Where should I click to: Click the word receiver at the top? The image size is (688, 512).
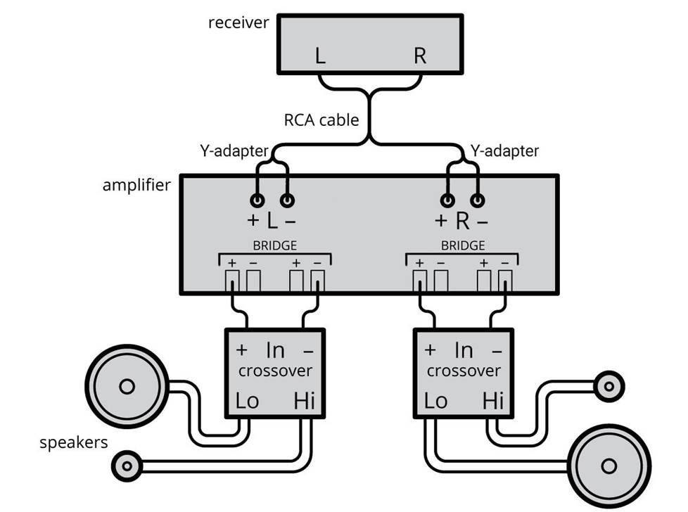click(x=238, y=23)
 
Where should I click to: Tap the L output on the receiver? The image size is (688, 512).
click(x=320, y=56)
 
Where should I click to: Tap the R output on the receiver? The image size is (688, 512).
click(x=419, y=56)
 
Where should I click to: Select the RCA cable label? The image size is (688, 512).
click(x=321, y=120)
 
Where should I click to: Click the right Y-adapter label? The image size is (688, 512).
click(x=504, y=151)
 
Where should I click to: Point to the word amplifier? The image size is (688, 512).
click(x=136, y=186)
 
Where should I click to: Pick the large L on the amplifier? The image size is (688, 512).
click(x=272, y=222)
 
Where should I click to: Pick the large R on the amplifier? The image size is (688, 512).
click(x=461, y=222)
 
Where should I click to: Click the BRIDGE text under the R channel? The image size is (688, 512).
click(x=462, y=246)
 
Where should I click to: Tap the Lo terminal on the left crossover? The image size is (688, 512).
click(x=247, y=402)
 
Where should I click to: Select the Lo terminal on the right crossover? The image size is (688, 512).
click(x=436, y=402)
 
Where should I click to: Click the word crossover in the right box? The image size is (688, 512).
click(x=464, y=371)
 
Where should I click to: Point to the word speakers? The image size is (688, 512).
click(x=74, y=442)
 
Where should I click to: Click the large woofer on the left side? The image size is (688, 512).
click(x=127, y=385)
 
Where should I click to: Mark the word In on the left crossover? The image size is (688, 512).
click(x=275, y=350)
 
